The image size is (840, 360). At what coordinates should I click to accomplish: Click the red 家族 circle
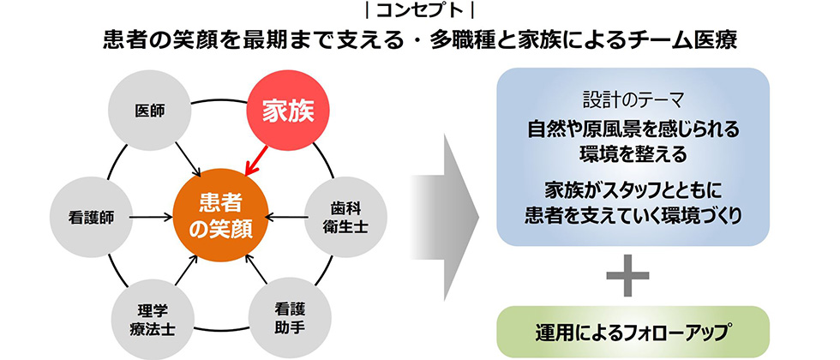tap(288, 111)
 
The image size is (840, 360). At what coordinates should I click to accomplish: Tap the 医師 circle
tap(149, 111)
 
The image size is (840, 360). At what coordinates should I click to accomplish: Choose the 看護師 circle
tap(91, 217)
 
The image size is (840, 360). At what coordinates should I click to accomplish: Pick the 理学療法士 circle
tap(153, 318)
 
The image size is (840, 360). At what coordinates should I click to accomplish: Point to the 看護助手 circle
tap(290, 317)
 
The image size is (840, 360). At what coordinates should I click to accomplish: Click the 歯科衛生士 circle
tap(345, 217)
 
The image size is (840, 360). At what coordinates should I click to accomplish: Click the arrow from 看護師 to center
tap(151, 217)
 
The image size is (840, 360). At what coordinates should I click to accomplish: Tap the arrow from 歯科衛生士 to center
tap(284, 217)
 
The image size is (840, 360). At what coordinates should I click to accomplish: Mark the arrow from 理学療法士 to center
tap(187, 270)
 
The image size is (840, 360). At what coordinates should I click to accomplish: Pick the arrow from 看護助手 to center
tap(255, 269)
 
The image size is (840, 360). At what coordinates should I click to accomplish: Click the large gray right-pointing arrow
tap(445, 217)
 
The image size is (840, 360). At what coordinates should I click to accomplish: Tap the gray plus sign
tap(627, 275)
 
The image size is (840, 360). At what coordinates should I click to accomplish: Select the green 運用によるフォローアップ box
tap(633, 332)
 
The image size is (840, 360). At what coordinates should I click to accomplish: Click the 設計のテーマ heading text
tap(633, 99)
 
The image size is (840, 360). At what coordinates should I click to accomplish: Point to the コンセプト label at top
tap(420, 10)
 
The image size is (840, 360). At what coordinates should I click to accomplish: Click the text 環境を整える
tap(633, 154)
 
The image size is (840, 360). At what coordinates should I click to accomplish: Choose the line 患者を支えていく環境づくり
tap(633, 215)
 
